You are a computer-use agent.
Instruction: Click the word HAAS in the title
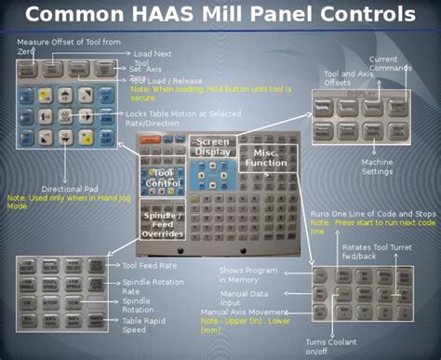pos(183,16)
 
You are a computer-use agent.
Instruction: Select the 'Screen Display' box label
pos(212,146)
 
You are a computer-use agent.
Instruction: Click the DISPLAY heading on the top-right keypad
pos(361,95)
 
